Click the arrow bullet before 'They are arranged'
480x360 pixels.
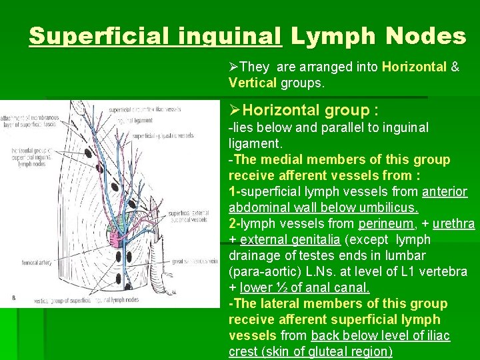click(233, 67)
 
